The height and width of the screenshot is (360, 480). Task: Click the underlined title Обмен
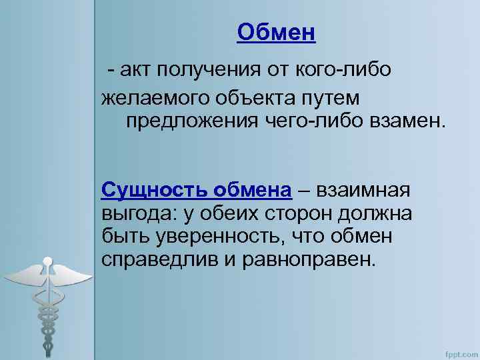coord(276,31)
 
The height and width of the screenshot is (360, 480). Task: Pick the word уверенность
coord(213,236)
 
